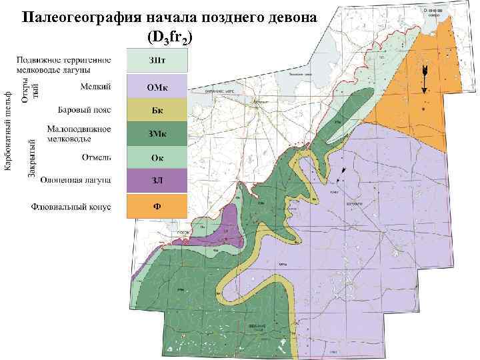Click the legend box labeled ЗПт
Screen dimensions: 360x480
click(157, 61)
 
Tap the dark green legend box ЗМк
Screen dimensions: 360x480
click(157, 135)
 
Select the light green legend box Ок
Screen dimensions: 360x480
click(157, 158)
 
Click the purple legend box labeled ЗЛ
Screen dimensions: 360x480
click(157, 181)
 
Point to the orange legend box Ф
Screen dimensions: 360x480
click(157, 206)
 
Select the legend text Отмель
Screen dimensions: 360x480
click(97, 158)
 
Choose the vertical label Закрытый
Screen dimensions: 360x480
click(31, 158)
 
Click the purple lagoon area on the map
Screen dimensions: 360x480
click(223, 226)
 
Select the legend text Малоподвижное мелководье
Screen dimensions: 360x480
click(80, 133)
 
